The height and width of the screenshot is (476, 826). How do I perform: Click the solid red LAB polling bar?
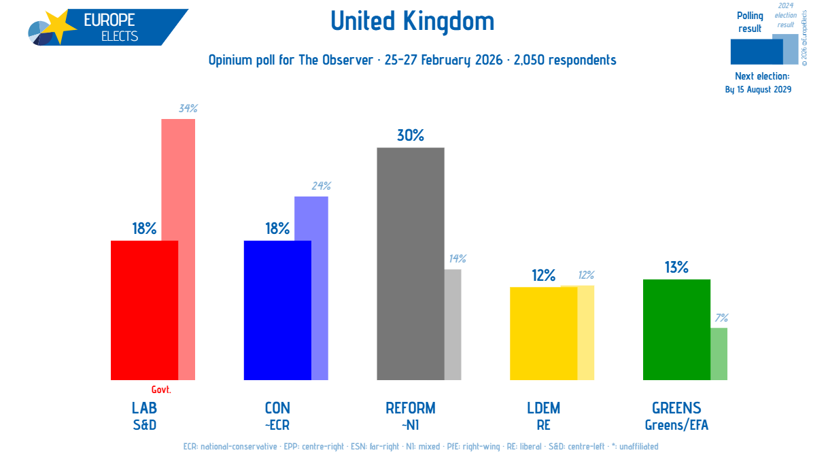coord(144,310)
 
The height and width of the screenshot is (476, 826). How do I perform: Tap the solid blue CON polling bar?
coord(277,310)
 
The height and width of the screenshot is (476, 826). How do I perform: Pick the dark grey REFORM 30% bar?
coord(411,264)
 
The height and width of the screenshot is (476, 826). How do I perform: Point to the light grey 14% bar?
coord(453,324)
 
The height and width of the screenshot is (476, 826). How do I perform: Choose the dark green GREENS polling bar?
coord(676,330)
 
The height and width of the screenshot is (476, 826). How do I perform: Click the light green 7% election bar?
coord(719,354)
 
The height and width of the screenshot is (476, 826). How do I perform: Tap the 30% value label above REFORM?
coord(411,136)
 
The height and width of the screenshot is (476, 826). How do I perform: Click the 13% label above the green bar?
coord(676,267)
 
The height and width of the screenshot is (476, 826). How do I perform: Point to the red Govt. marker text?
coord(161,390)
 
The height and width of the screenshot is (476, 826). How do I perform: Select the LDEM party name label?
coord(543,408)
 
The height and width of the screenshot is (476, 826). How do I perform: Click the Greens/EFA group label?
coord(676,426)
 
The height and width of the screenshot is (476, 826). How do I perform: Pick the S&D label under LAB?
coord(144,426)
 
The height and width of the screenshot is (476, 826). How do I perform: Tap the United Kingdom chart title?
coord(413,22)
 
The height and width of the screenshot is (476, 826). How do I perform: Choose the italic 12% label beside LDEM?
coord(586,275)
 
